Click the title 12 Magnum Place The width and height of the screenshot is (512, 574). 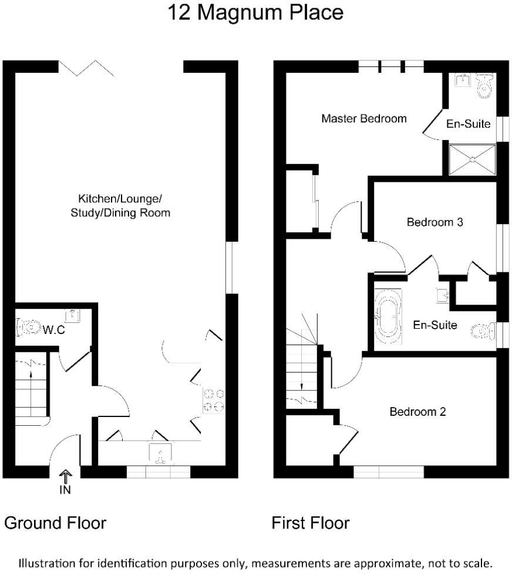[x=255, y=13]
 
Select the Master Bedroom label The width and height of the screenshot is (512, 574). [x=364, y=119]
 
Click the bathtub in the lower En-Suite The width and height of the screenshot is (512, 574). [x=388, y=316]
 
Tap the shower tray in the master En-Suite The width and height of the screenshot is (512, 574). [x=473, y=159]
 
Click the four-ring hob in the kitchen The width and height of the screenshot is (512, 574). [x=214, y=400]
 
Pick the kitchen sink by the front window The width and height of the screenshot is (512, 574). [x=160, y=451]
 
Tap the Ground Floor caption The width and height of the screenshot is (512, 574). [x=55, y=523]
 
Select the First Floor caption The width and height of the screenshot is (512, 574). [x=310, y=523]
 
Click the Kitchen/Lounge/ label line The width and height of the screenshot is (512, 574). [x=120, y=198]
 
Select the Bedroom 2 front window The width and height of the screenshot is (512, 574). [x=389, y=472]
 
